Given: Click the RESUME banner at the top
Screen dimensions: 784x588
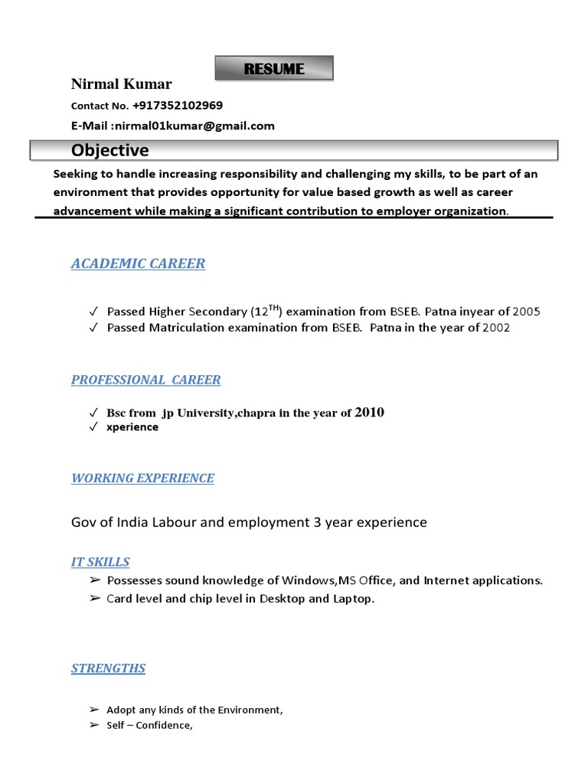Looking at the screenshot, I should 274,68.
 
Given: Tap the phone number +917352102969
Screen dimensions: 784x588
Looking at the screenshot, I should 178,105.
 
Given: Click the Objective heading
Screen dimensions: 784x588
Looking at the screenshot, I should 110,150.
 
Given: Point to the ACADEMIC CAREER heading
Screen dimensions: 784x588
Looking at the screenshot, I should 138,263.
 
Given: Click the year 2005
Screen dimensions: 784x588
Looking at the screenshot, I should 526,312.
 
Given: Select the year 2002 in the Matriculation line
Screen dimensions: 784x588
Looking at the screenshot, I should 496,328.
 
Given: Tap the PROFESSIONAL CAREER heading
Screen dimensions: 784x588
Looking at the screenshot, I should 145,380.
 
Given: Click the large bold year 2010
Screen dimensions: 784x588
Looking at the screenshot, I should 370,413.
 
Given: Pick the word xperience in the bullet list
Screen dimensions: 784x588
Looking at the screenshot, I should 132,427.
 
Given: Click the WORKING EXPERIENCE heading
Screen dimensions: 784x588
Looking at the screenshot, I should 142,479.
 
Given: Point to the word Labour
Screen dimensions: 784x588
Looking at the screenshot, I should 169,522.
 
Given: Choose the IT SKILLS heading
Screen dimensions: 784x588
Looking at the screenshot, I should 100,562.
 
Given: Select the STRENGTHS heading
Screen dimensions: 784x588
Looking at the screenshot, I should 108,668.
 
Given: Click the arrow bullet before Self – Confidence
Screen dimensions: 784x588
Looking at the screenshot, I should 93,725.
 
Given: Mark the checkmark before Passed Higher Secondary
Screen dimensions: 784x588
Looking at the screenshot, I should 93,312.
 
